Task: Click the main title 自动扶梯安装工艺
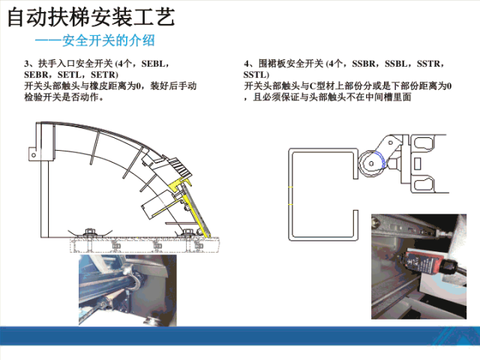pyautogui.click(x=91, y=17)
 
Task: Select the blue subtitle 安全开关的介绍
pyautogui.click(x=109, y=40)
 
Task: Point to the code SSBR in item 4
pyautogui.click(x=364, y=64)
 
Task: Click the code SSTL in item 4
pyautogui.click(x=255, y=75)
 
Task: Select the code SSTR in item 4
pyautogui.click(x=428, y=64)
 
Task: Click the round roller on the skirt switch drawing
pyautogui.click(x=371, y=163)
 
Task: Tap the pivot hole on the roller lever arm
pyautogui.click(x=390, y=142)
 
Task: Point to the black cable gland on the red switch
pyautogui.click(x=449, y=267)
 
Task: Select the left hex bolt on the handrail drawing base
pyautogui.click(x=89, y=232)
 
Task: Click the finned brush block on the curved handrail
pyautogui.click(x=181, y=168)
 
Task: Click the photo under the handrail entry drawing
pyautogui.click(x=127, y=290)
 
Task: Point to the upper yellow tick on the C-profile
pyautogui.click(x=290, y=187)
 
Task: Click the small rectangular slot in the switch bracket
pyautogui.click(x=417, y=163)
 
